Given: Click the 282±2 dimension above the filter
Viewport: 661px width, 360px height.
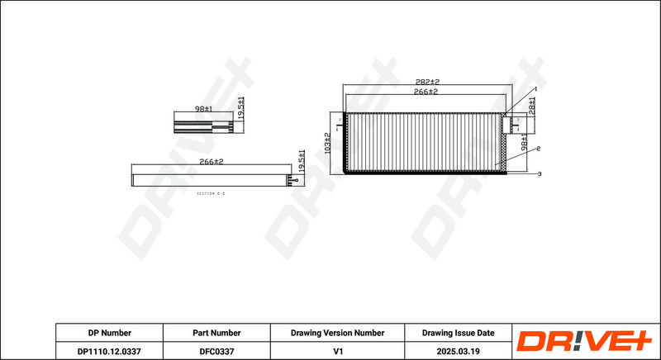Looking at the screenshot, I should coord(427,83).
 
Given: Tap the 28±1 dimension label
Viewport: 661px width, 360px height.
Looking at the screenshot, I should coord(532,107).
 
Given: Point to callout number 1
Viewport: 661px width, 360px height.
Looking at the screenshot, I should coord(535,88).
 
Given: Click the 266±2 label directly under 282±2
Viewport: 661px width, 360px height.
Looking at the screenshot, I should coord(426,93).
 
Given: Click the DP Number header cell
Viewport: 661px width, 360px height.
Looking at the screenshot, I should coord(109,333).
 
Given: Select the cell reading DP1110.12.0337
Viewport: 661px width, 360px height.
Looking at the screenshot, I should coord(109,350).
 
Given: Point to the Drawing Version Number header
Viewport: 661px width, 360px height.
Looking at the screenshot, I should coord(338,333).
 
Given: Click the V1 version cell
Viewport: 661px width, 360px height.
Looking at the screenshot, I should coord(338,350).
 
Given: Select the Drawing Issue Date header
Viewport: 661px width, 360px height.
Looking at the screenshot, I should coord(458,333).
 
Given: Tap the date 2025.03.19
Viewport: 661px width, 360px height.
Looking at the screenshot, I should coord(458,350).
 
